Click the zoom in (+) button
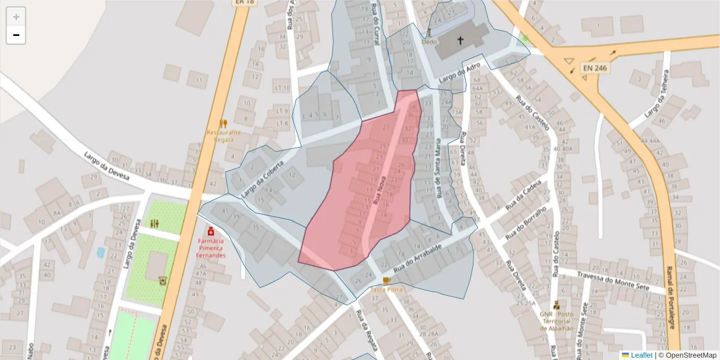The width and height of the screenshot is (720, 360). (16, 17)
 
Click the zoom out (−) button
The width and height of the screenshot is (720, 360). (16, 35)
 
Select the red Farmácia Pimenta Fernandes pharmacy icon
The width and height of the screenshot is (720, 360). (211, 231)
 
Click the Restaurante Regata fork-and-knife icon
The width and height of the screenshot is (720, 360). (223, 124)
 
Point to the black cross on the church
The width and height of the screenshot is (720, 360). (461, 41)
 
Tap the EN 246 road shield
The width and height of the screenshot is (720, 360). (595, 68)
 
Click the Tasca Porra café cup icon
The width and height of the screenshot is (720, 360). (386, 280)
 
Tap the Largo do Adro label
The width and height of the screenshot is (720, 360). (460, 75)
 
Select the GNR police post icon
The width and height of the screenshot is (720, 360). (556, 305)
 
